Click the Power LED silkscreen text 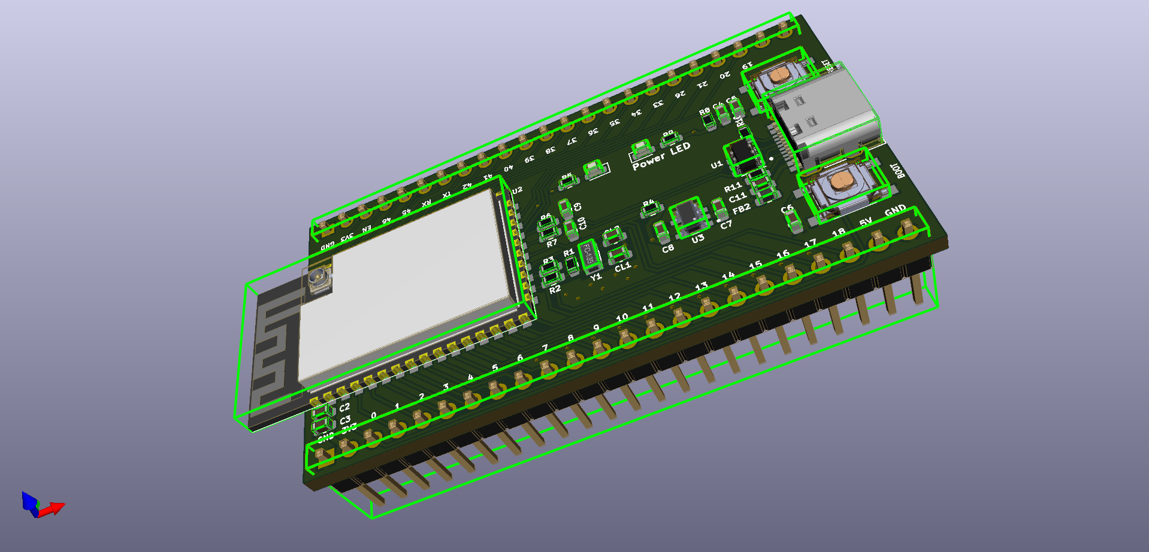pyautogui.click(x=661, y=156)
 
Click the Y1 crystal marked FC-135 pyautogui.click(x=589, y=255)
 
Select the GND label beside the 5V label pyautogui.click(x=895, y=210)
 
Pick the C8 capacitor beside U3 pyautogui.click(x=660, y=231)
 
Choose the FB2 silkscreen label pyautogui.click(x=741, y=209)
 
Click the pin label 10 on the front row pyautogui.click(x=622, y=317)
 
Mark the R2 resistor pyautogui.click(x=551, y=277)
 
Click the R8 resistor pyautogui.click(x=709, y=122)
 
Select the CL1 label pyautogui.click(x=622, y=266)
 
